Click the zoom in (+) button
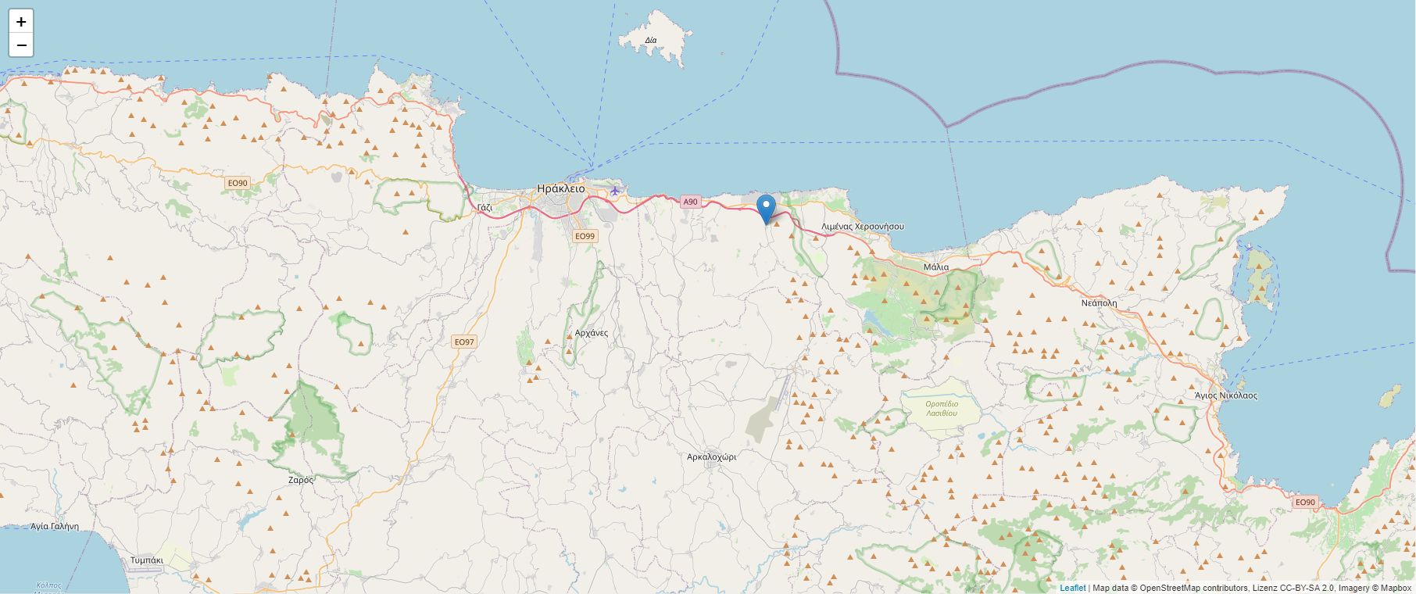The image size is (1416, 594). click(x=21, y=22)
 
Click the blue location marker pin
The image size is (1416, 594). click(x=767, y=209)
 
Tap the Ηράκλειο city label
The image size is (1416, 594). click(x=560, y=188)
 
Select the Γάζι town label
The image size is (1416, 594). click(x=485, y=207)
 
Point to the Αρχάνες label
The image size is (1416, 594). click(x=591, y=332)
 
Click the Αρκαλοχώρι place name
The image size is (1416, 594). click(x=711, y=456)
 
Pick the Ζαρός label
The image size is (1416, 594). click(x=301, y=480)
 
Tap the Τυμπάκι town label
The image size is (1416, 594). click(x=147, y=560)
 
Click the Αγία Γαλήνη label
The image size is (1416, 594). click(x=55, y=526)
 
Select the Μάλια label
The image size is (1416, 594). click(x=935, y=267)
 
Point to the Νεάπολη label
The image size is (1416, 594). click(x=1099, y=302)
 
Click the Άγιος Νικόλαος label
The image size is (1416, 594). click(x=1225, y=395)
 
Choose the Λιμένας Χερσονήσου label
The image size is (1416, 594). click(x=862, y=226)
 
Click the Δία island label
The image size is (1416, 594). click(x=651, y=40)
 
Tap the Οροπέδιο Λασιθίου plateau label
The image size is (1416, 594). click(x=942, y=408)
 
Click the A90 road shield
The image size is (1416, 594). click(x=689, y=202)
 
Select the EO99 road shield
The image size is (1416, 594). click(x=585, y=236)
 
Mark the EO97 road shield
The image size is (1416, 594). click(x=463, y=342)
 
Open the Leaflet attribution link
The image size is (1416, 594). click(x=1072, y=588)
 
